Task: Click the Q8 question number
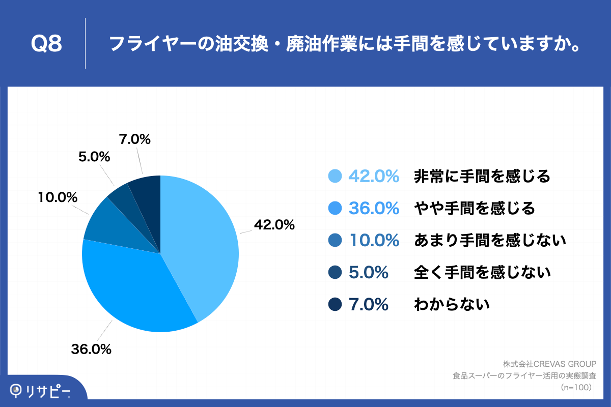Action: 46,44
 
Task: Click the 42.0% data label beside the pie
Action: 274,224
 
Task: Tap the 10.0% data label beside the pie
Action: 57,197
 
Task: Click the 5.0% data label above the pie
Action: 94,157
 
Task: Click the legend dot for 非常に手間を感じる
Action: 335,176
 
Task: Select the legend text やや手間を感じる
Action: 475,208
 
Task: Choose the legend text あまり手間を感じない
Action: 490,240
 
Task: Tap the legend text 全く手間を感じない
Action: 482,273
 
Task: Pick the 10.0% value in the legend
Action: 374,240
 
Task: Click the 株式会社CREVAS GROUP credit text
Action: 549,364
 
